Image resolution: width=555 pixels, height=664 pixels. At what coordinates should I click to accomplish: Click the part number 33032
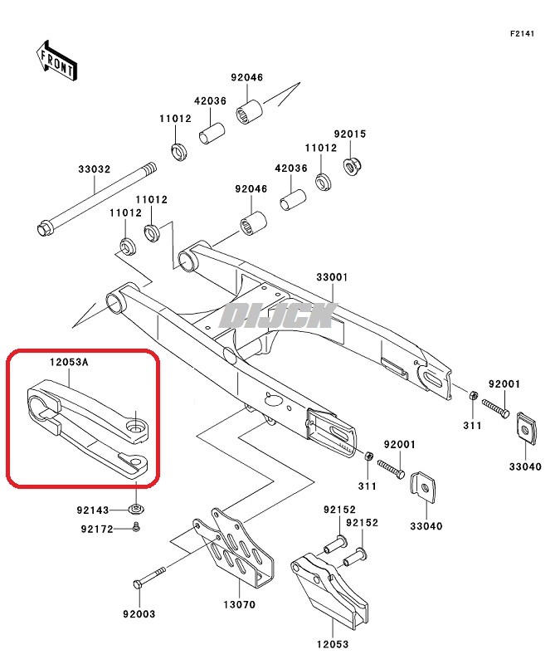94,169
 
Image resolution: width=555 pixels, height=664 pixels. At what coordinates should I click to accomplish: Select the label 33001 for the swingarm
331,277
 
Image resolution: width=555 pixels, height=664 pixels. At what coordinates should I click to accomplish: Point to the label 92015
350,134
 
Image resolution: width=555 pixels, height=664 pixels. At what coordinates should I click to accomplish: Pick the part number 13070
240,606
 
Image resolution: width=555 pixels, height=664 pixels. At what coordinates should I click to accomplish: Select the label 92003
139,614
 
